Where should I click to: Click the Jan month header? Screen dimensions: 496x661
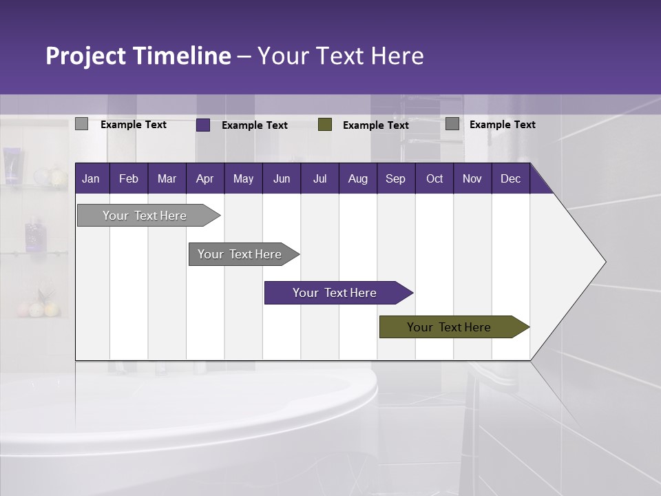tap(91, 179)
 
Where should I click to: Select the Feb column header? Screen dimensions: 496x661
tap(129, 179)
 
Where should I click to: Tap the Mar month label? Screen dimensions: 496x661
tap(167, 179)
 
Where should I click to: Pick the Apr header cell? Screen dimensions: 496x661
tap(204, 179)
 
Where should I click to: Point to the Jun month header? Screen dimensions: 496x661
tap(282, 179)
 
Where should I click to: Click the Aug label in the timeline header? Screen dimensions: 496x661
tap(357, 179)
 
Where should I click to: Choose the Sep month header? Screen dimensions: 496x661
tap(395, 179)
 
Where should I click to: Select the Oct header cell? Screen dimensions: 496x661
tap(434, 179)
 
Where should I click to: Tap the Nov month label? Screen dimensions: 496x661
tap(472, 179)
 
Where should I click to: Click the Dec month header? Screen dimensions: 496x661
tap(510, 179)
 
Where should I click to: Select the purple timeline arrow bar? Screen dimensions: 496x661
tap(335, 293)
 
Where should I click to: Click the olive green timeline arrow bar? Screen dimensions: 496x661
tap(449, 327)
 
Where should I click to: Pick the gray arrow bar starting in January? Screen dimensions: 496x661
tap(145, 216)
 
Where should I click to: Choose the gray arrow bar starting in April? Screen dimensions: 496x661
tap(240, 254)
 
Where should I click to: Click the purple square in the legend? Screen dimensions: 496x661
tap(203, 125)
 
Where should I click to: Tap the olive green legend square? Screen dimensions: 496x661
tap(325, 125)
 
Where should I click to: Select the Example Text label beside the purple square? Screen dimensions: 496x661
tap(255, 125)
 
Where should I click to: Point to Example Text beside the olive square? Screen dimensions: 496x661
tap(376, 125)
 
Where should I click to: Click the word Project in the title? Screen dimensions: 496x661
tap(86, 56)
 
